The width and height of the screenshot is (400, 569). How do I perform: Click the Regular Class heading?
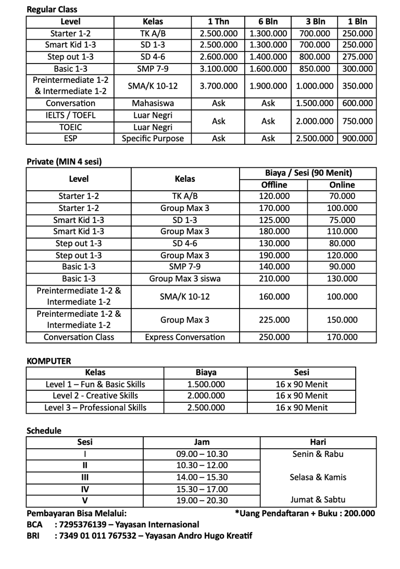[x=52, y=9]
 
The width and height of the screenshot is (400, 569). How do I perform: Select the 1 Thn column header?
[x=219, y=22]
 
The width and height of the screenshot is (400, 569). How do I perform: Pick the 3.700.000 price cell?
[x=219, y=86]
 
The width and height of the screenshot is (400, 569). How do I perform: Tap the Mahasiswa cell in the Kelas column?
[x=153, y=103]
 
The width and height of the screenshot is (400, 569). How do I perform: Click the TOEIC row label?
[x=71, y=127]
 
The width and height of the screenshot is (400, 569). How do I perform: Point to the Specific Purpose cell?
[x=153, y=139]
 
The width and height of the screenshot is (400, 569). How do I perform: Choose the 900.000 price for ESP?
[x=358, y=139]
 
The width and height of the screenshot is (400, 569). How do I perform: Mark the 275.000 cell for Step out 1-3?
[x=358, y=57]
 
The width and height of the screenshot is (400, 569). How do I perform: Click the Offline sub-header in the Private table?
[x=274, y=185]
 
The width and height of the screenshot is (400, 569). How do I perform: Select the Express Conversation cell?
[x=185, y=337]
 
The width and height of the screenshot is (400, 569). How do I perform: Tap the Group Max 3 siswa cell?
[x=185, y=279]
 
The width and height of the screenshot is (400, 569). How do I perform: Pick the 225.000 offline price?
[x=274, y=320]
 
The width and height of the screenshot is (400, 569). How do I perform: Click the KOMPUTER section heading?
[x=48, y=361]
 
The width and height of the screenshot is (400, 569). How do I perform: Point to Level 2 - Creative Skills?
[x=95, y=396]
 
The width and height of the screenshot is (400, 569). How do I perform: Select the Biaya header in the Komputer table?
[x=206, y=373]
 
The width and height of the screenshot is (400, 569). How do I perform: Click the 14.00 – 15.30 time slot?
[x=202, y=477]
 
